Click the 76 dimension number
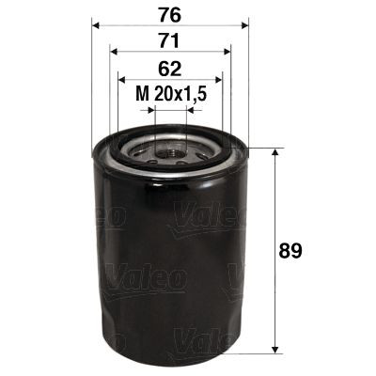pos(169,13)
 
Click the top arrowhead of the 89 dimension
pos(274,153)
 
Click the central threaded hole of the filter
pos(170,149)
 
